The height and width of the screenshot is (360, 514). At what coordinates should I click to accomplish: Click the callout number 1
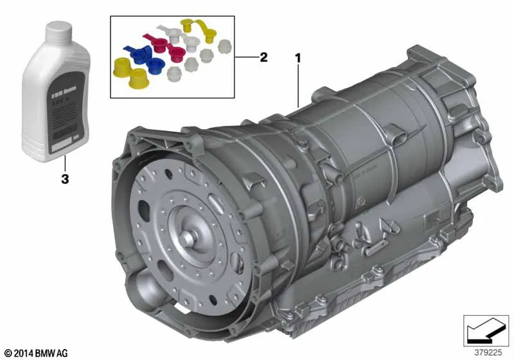point(297,58)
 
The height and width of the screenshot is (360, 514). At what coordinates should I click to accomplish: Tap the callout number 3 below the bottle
point(64,179)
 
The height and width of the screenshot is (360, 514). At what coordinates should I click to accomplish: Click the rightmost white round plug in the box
point(224,46)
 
